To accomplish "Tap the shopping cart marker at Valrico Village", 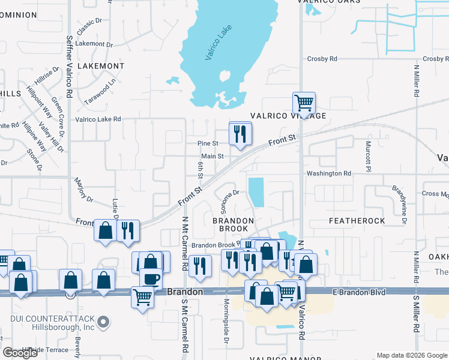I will [304, 103].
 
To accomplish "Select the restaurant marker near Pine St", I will [241, 134].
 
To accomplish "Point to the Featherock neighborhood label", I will [357, 221].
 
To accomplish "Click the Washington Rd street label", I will [328, 173].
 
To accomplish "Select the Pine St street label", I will [208, 143].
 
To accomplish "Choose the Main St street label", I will [212, 156].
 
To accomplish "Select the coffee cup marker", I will [150, 279].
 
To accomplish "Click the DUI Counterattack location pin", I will [104, 323].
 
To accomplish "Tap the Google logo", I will [20, 353].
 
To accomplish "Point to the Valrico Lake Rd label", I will [98, 119].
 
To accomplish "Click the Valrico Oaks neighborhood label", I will [330, 2].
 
